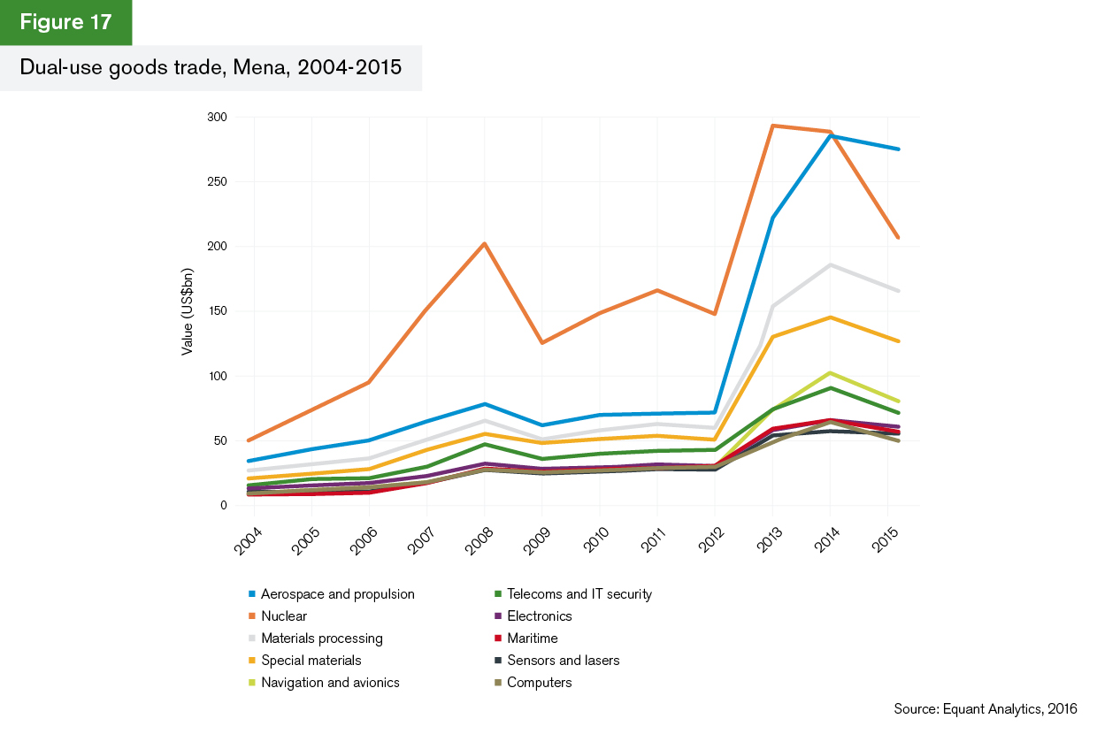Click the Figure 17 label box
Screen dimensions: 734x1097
(x=65, y=22)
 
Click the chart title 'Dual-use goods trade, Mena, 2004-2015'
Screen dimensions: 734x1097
(x=211, y=68)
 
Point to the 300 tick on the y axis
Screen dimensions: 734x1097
(x=218, y=117)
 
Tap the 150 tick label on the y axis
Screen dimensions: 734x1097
(x=218, y=311)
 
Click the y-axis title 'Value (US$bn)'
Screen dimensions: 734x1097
(x=188, y=311)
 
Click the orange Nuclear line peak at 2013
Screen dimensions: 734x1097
(x=772, y=126)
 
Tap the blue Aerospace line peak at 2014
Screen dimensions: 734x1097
(x=830, y=135)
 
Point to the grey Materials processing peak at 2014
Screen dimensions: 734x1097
(x=830, y=264)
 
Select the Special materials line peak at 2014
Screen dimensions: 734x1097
(x=830, y=317)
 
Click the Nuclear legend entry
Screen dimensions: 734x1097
(x=284, y=616)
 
